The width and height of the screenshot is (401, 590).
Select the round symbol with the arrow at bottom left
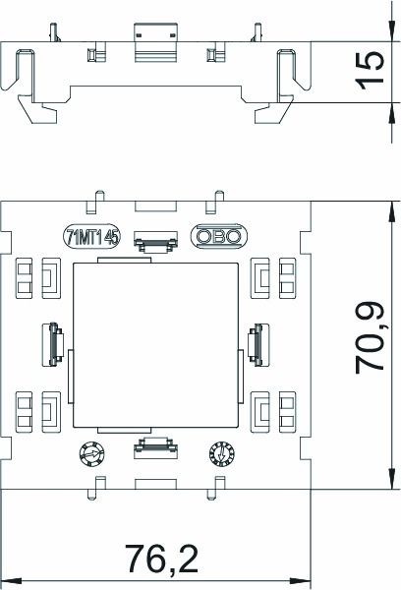tap(89, 453)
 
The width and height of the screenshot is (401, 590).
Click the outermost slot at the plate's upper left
tap(24, 278)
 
